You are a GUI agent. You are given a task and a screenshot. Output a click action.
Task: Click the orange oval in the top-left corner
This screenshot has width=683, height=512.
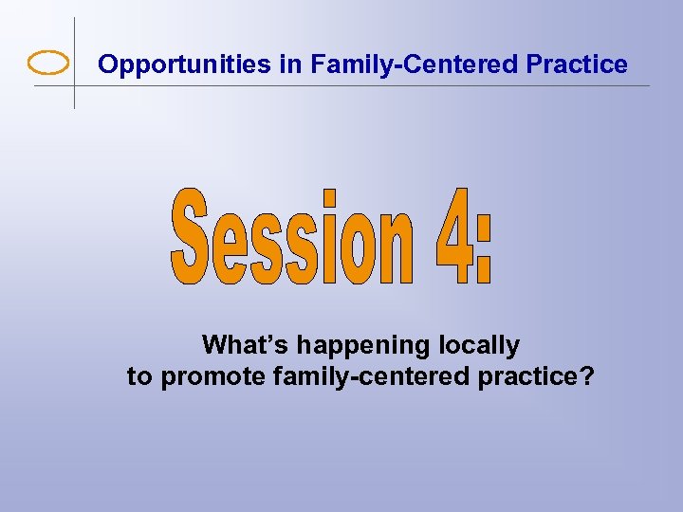point(48,64)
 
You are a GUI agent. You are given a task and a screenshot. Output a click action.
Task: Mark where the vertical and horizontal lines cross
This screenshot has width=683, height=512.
point(74,85)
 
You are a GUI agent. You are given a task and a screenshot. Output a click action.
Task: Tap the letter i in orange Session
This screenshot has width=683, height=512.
point(329,237)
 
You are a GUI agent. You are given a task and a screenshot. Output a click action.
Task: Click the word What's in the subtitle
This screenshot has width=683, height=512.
point(243,344)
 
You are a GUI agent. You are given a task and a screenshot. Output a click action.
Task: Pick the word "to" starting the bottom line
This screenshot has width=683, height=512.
point(139,376)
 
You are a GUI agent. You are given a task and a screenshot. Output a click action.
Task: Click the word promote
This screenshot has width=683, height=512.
point(213,377)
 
